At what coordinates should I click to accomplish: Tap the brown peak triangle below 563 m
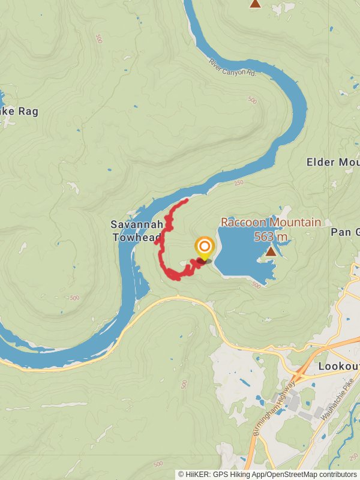click(271, 251)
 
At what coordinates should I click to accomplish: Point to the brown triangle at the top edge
click(255, 4)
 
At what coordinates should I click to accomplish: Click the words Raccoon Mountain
click(271, 223)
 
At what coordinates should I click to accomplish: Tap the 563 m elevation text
click(271, 237)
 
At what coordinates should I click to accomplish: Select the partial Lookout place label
click(339, 366)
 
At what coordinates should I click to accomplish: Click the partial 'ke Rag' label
click(19, 111)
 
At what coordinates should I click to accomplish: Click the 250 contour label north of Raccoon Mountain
click(239, 183)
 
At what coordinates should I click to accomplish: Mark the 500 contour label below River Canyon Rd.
click(252, 99)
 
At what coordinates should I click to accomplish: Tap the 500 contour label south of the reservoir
click(256, 285)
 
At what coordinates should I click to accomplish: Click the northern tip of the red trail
click(187, 200)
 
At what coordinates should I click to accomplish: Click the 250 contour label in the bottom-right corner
click(353, 458)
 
